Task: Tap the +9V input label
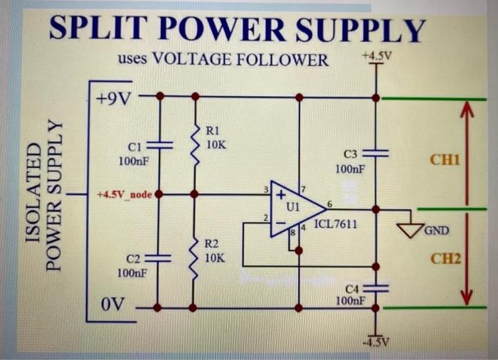click(x=114, y=97)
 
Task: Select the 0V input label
click(x=112, y=306)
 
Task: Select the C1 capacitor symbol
click(x=159, y=145)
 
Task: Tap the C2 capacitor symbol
click(x=159, y=259)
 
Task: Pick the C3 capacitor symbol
click(x=376, y=153)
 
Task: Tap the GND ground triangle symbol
click(x=410, y=229)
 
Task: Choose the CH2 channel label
click(x=446, y=259)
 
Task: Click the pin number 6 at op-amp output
click(x=329, y=204)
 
